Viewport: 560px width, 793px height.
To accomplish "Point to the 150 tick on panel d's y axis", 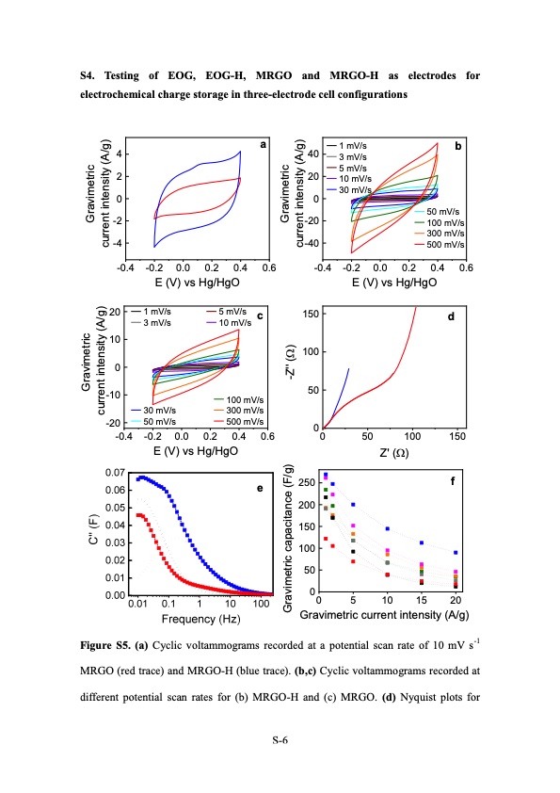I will click(311, 313).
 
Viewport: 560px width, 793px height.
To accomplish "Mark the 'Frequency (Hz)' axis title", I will click(201, 619).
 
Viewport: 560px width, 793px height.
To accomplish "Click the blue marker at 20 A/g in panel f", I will click(456, 553).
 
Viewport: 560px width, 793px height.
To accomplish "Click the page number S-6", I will click(280, 741).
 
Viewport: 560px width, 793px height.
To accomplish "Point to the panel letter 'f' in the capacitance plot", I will click(453, 480).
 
